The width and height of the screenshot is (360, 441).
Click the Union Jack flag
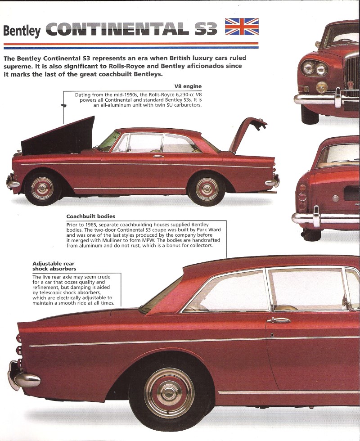[242, 27]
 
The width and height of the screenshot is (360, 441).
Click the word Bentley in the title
[22, 31]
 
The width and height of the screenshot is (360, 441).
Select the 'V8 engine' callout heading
[188, 86]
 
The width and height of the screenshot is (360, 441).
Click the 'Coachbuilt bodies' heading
[90, 216]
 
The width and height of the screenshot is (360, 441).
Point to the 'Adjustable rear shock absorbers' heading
[54, 266]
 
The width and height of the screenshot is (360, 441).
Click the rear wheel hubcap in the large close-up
[169, 392]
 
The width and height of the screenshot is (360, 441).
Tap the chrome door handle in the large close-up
[279, 320]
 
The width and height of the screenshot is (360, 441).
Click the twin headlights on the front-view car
[315, 68]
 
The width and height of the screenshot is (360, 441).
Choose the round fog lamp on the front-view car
[321, 87]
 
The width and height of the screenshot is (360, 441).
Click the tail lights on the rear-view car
[302, 197]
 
